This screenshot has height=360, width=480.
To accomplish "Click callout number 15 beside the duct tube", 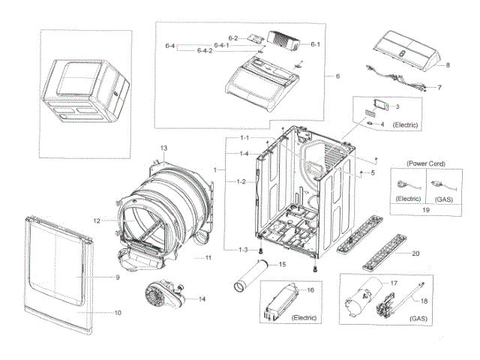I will pos(282,264).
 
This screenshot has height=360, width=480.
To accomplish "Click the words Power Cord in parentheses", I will pos(426,162).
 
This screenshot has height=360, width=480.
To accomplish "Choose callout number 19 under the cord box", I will pos(425,211).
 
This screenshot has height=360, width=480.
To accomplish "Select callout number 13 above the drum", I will pos(163,147).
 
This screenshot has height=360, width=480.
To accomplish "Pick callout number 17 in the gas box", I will pos(391,283).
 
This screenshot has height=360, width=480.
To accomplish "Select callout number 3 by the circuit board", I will pos(397,107).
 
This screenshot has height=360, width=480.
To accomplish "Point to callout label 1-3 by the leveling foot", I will pos(243,249).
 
